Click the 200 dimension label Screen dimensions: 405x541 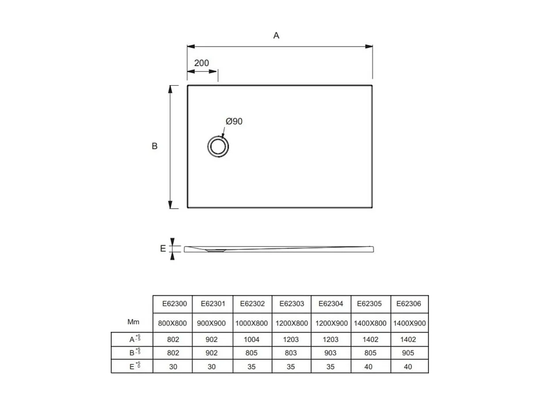201,63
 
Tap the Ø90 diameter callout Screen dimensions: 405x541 234,121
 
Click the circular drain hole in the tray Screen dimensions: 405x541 218,146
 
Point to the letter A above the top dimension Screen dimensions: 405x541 276,36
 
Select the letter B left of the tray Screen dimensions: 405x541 155,146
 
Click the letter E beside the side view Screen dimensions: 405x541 163,249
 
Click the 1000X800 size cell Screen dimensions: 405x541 252,323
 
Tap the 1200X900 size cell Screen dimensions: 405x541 331,323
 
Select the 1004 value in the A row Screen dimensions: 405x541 252,340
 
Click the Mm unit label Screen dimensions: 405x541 133,322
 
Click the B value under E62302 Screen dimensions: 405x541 252,353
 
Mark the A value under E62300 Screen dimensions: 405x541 173,340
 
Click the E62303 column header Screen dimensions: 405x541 291,304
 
